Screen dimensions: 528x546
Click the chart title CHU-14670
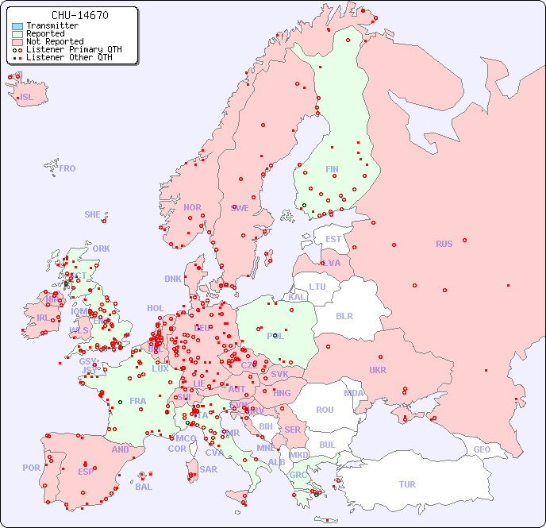click(x=79, y=15)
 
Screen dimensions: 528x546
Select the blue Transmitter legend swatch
click(x=17, y=26)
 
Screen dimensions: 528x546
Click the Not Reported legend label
click(x=55, y=41)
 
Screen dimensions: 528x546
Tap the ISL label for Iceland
click(x=27, y=98)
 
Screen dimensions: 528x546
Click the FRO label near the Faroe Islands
click(x=67, y=168)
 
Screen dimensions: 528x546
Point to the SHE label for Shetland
click(x=93, y=214)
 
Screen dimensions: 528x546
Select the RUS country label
click(x=444, y=244)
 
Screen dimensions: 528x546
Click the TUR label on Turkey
click(x=407, y=484)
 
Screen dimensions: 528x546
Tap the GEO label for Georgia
click(x=482, y=449)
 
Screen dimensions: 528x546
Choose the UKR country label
click(x=378, y=370)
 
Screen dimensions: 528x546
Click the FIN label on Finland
click(x=332, y=169)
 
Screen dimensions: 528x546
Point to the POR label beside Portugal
click(x=31, y=468)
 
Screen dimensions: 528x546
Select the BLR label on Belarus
click(x=344, y=315)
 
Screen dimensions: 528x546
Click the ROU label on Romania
click(x=325, y=410)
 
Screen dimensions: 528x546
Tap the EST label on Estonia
click(x=333, y=239)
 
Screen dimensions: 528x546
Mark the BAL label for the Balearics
click(x=143, y=487)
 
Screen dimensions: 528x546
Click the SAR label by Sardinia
click(x=209, y=469)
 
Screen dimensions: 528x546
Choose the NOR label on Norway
click(x=192, y=207)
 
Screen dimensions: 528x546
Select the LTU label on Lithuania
click(x=317, y=287)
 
